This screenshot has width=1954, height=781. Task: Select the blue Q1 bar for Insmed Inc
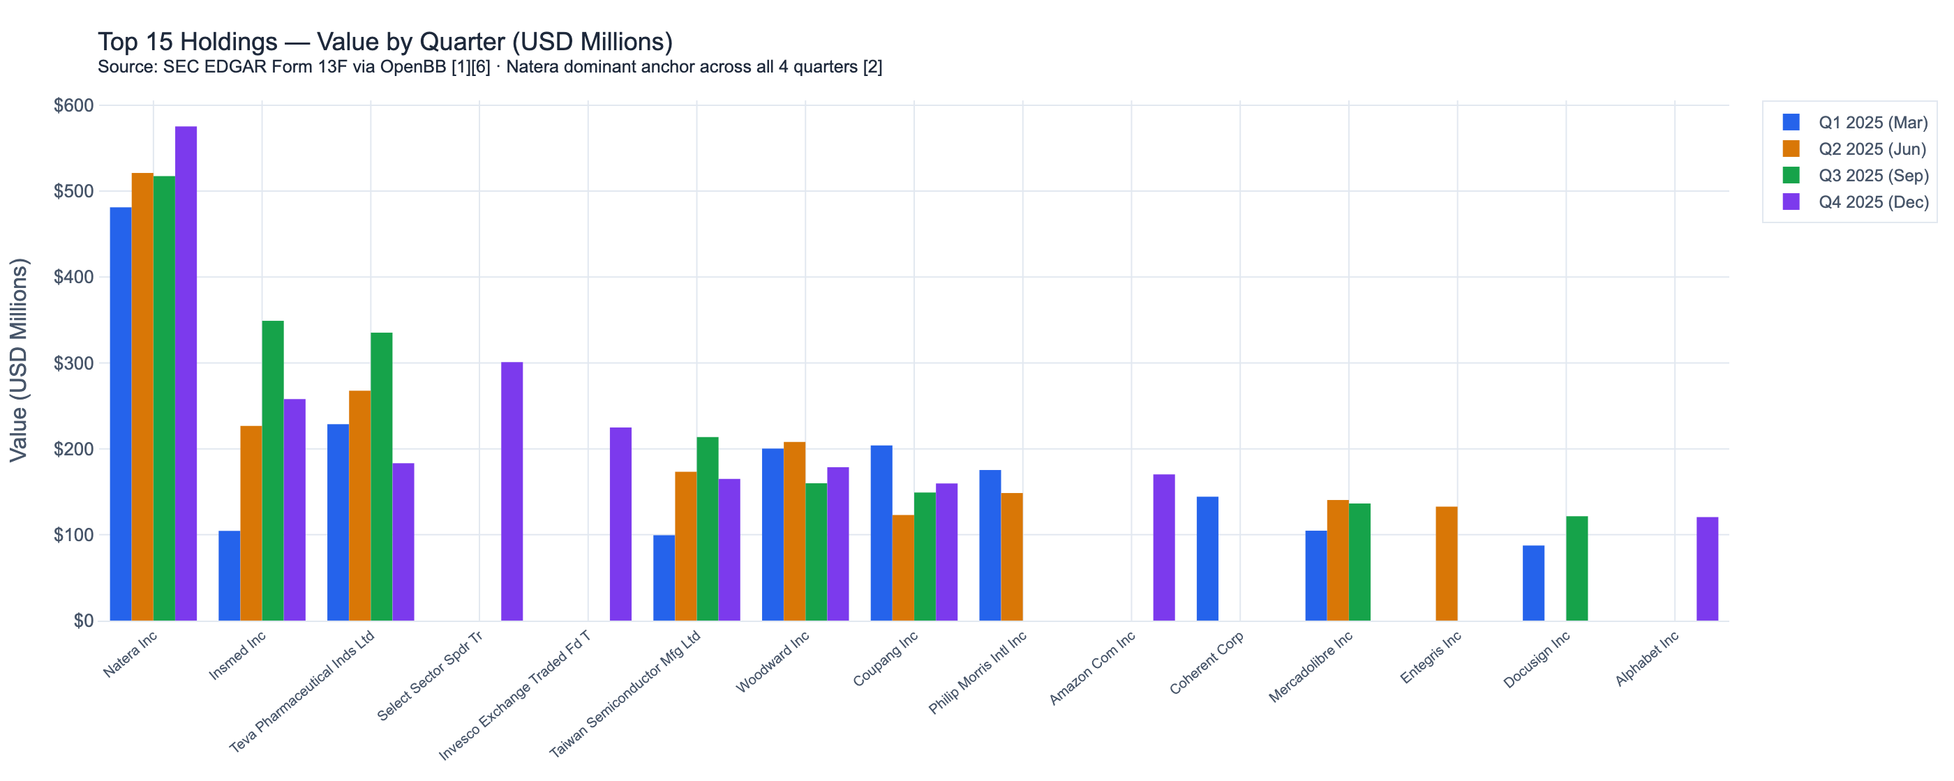[229, 575]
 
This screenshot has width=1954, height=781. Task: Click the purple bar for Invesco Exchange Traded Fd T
[620, 524]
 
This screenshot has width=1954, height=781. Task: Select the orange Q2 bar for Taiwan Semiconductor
[686, 546]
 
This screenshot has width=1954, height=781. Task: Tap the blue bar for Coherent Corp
[1207, 559]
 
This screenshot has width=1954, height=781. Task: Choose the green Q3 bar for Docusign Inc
[1577, 569]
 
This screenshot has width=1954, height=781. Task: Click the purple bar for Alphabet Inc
[1708, 569]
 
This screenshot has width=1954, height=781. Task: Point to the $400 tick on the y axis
[73, 277]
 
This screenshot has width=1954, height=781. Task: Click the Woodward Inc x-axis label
[773, 661]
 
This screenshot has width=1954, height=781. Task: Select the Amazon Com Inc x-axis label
[1091, 667]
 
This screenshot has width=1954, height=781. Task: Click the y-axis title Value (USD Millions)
[18, 361]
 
